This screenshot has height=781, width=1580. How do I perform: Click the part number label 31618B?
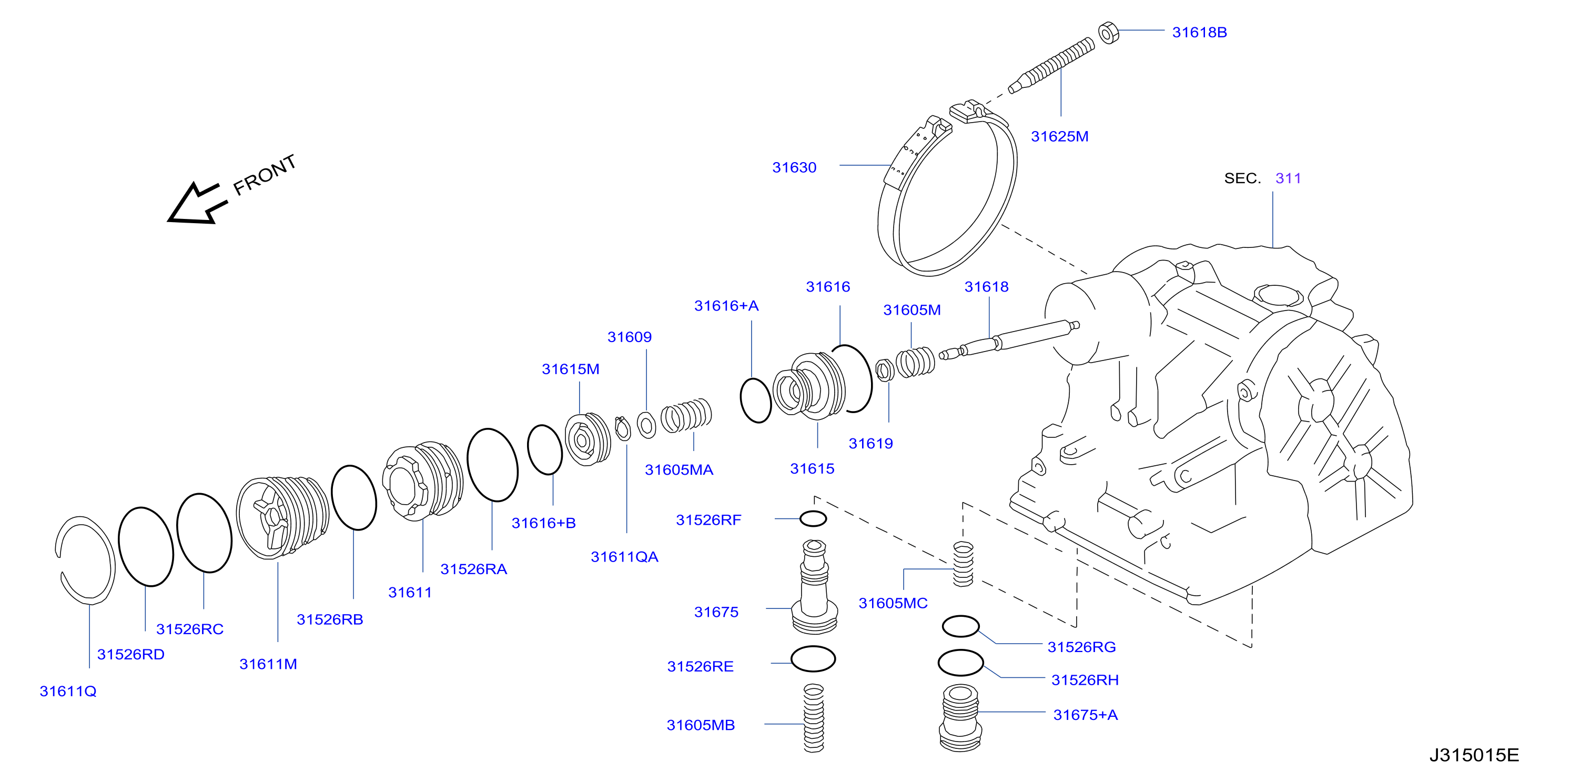(1199, 33)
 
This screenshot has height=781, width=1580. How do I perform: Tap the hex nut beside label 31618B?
(1108, 33)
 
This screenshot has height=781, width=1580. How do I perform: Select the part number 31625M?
(1059, 136)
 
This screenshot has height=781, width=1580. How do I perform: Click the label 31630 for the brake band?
(794, 167)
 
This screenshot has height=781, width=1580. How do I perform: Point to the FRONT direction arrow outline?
(198, 204)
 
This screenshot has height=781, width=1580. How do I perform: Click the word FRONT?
(265, 174)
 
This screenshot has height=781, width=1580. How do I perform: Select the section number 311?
(1288, 178)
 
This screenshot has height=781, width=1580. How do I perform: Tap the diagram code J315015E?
(1474, 755)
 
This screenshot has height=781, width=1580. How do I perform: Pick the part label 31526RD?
(130, 654)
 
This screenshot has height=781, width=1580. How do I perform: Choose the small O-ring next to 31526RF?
(813, 518)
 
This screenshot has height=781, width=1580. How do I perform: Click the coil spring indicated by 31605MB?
(814, 718)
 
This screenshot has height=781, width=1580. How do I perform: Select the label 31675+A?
(1085, 715)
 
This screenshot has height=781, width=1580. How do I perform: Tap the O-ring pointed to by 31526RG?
(960, 626)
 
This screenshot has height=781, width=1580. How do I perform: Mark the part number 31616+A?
(726, 306)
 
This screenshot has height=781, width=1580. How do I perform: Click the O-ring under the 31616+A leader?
(756, 400)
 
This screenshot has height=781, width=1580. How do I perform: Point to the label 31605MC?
(893, 603)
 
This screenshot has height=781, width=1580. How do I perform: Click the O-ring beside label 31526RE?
(813, 659)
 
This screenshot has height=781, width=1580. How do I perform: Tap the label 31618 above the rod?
(986, 286)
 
